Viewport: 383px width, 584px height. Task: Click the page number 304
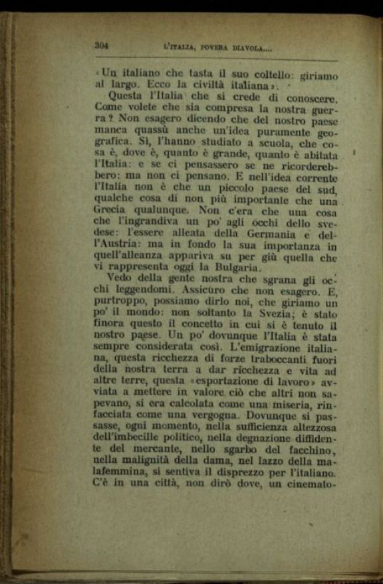102,46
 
